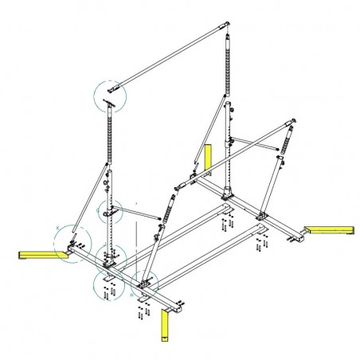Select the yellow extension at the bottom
(165, 325)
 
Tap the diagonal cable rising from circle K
(92, 199)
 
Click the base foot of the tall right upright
(229, 193)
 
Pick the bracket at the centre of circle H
(146, 281)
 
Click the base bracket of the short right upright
(262, 214)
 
